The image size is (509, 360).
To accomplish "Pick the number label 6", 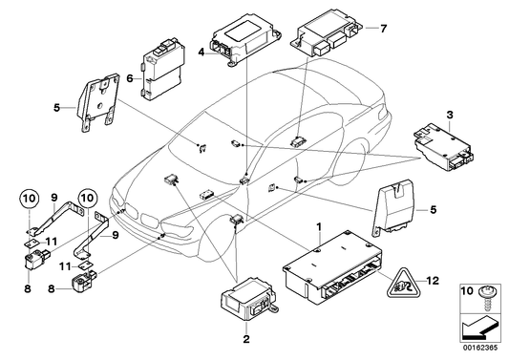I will pos(131,80).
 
